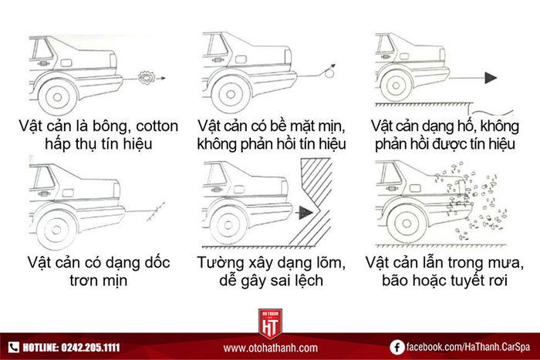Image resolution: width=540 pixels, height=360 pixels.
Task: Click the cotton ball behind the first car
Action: click(x=147, y=78)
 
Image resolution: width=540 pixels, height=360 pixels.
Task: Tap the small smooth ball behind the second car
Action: click(x=329, y=73)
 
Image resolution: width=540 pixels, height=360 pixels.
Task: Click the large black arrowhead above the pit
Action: click(x=491, y=78)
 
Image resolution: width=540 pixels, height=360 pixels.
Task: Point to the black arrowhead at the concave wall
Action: click(x=305, y=212)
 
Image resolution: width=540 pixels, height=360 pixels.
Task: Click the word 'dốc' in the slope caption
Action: click(x=157, y=262)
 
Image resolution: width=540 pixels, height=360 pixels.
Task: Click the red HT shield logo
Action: click(x=270, y=324)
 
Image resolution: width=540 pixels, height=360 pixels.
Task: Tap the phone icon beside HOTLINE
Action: click(x=13, y=347)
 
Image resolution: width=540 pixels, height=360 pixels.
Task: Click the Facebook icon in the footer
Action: click(x=397, y=347)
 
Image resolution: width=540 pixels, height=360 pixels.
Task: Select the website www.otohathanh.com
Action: click(x=270, y=348)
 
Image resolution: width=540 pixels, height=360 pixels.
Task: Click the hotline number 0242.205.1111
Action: click(x=90, y=347)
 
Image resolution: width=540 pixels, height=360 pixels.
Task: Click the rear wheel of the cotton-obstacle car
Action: click(x=58, y=97)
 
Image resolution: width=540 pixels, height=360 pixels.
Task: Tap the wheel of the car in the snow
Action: click(x=407, y=224)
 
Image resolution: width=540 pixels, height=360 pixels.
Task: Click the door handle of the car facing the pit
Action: click(x=386, y=56)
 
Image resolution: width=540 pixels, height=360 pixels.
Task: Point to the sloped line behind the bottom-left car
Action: click(x=156, y=212)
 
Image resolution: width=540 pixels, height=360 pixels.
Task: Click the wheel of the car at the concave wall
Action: click(x=228, y=225)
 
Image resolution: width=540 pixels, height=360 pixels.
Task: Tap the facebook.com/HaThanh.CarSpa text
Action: click(x=468, y=347)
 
